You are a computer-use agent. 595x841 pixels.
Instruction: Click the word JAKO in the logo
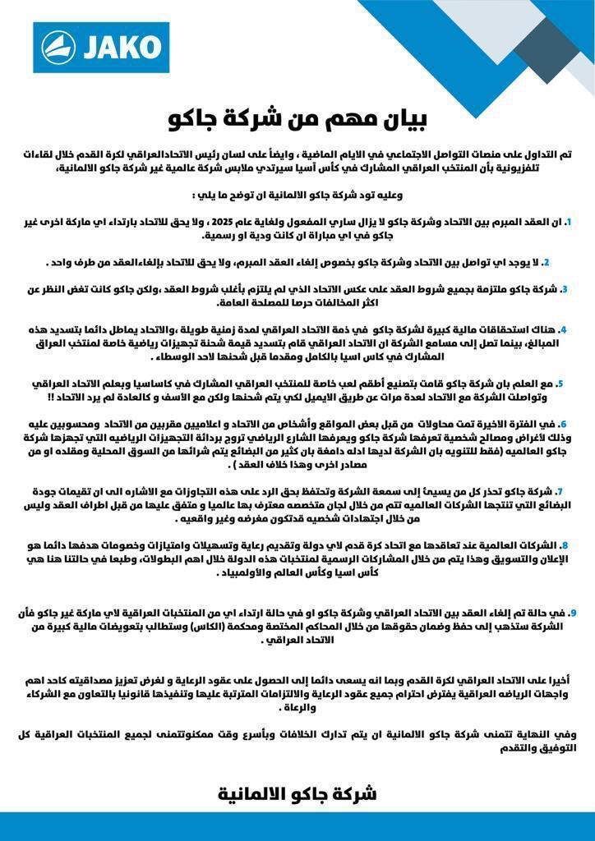click(122, 46)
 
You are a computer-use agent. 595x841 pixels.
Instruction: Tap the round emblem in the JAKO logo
click(59, 47)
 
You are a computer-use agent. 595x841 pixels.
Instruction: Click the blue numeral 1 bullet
click(568, 221)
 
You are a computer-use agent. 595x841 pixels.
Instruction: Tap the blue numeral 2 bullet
click(546, 262)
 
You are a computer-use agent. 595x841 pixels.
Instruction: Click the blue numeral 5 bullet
click(560, 384)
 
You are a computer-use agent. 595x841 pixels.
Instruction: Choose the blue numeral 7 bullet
click(560, 491)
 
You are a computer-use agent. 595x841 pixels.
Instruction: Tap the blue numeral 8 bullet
click(563, 545)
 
